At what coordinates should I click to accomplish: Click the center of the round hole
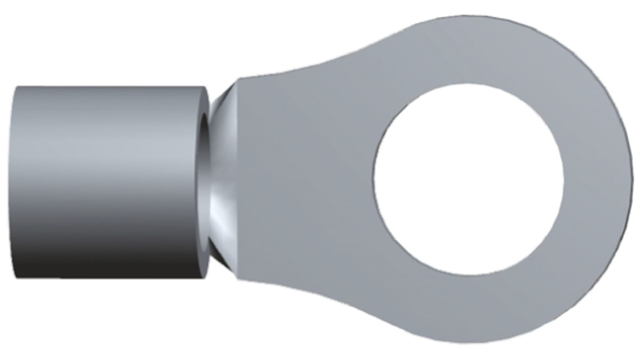click(x=469, y=179)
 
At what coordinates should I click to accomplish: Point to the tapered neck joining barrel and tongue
click(x=222, y=180)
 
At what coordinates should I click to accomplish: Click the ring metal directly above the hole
click(x=469, y=50)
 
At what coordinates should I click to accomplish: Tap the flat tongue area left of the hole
click(x=307, y=180)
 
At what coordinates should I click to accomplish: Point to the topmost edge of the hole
click(x=469, y=84)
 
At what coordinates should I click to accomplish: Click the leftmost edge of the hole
click(x=374, y=179)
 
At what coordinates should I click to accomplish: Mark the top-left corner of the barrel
click(x=17, y=87)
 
